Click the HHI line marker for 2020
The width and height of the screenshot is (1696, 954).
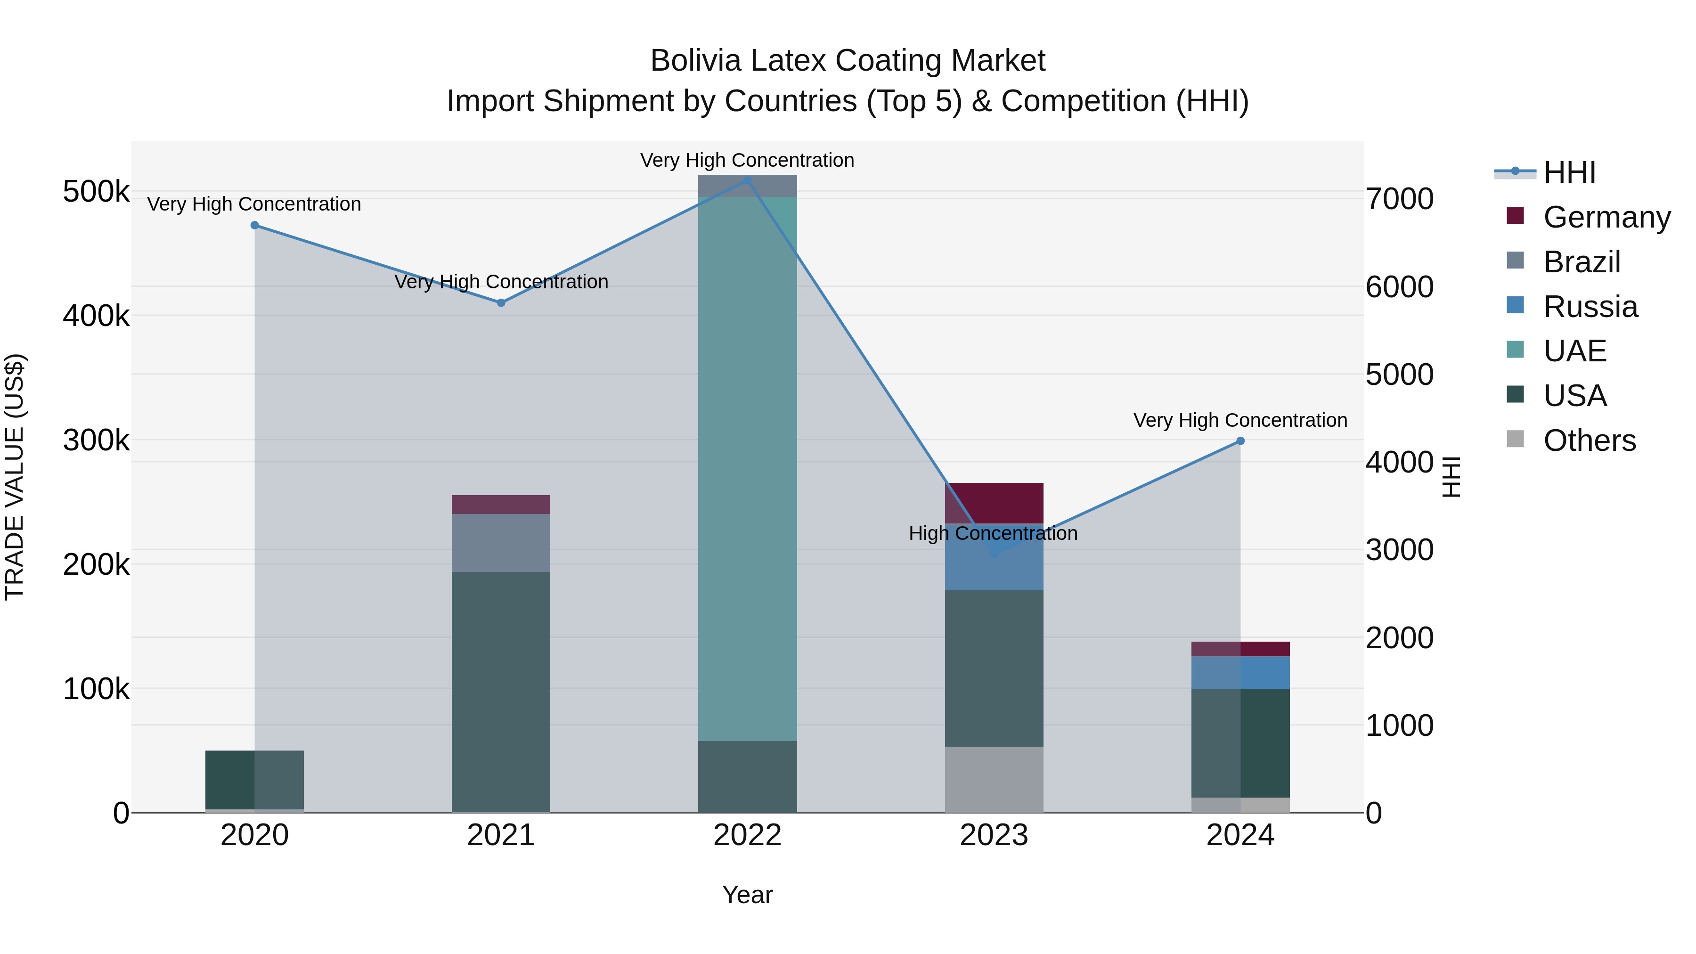(x=255, y=225)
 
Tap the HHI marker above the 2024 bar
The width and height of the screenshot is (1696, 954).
(x=1240, y=441)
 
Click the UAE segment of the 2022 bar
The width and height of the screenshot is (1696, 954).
(x=747, y=467)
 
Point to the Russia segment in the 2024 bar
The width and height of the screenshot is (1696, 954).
(x=1240, y=672)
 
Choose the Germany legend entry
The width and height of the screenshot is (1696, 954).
(x=1606, y=217)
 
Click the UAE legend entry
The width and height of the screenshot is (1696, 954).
(x=1575, y=351)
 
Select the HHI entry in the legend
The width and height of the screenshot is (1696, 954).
(x=1570, y=172)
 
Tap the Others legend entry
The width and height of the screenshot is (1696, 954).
(x=1590, y=440)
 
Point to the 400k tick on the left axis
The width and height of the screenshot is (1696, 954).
(x=96, y=316)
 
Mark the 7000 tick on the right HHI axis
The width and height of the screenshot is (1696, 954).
(x=1399, y=199)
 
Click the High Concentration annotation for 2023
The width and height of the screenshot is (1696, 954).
(x=993, y=533)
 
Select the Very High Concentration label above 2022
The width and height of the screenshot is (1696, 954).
(x=747, y=160)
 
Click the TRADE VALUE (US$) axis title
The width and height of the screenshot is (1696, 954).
(x=15, y=477)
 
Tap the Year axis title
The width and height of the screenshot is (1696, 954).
(x=747, y=895)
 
